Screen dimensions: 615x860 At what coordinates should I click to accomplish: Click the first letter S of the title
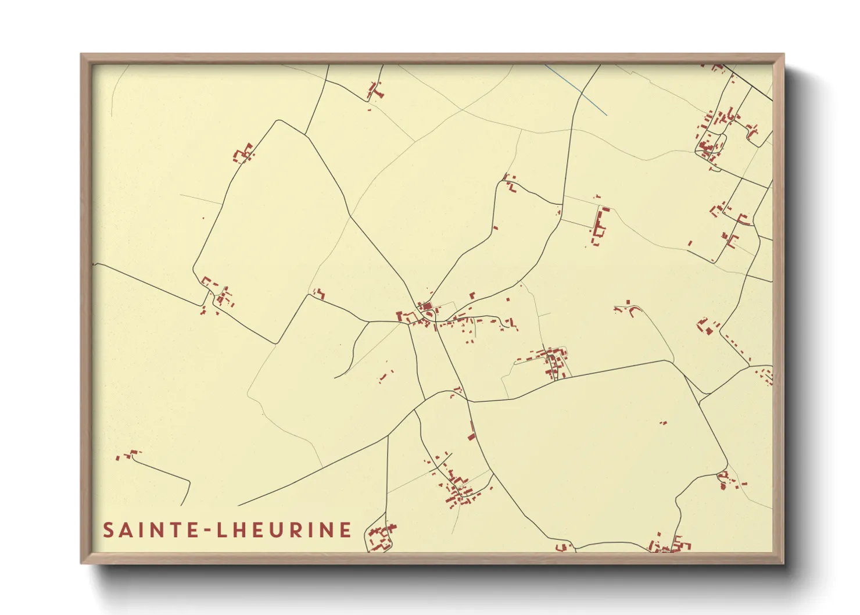[108, 530]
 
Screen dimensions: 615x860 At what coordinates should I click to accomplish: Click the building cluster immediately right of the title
[381, 538]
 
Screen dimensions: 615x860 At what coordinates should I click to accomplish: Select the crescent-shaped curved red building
[631, 307]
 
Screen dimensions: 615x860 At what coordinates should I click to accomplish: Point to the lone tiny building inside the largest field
[663, 423]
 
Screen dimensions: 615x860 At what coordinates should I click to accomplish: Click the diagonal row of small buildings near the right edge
[734, 347]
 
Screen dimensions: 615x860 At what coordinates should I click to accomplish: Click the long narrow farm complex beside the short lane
[599, 227]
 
